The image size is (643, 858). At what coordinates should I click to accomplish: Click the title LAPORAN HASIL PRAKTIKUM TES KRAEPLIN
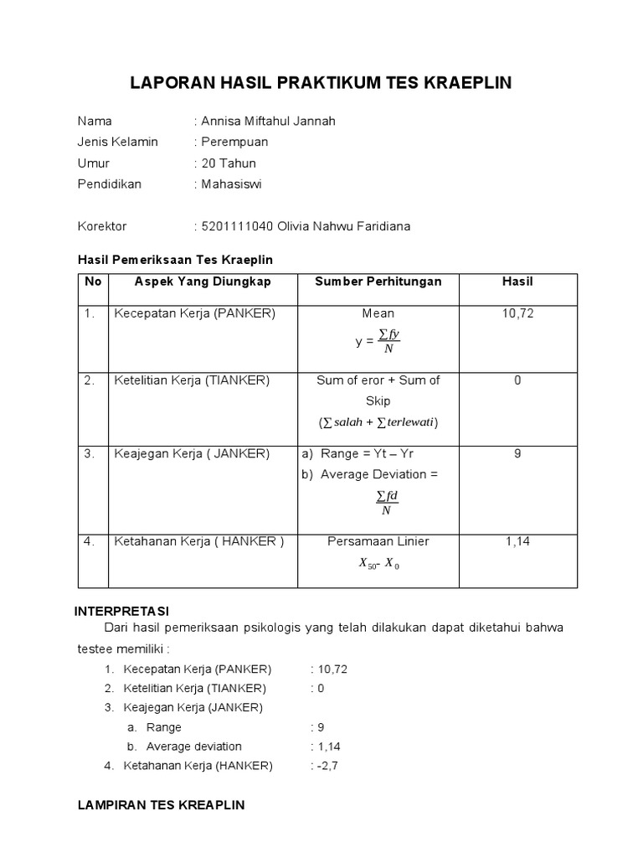pyautogui.click(x=321, y=83)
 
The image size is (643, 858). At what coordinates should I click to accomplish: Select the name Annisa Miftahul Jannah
pyautogui.click(x=268, y=121)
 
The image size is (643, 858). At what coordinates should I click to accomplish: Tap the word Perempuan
pyautogui.click(x=234, y=142)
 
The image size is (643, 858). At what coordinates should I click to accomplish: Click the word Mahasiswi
pyautogui.click(x=231, y=183)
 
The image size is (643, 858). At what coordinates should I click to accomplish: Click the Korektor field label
pyautogui.click(x=102, y=226)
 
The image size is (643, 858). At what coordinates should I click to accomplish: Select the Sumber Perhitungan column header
pyautogui.click(x=378, y=282)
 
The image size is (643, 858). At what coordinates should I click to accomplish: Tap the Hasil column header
pyautogui.click(x=517, y=282)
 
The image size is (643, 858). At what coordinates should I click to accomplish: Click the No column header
pyautogui.click(x=93, y=282)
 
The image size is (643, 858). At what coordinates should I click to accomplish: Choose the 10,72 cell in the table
pyautogui.click(x=517, y=313)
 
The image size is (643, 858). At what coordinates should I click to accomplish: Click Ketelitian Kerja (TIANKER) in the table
pyautogui.click(x=192, y=380)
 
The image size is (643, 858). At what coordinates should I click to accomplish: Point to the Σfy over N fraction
pyautogui.click(x=388, y=341)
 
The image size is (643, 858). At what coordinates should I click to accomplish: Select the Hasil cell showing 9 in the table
pyautogui.click(x=517, y=453)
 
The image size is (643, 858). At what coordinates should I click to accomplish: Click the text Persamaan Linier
pyautogui.click(x=378, y=541)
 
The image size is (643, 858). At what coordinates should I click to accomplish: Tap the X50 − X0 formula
pyautogui.click(x=378, y=565)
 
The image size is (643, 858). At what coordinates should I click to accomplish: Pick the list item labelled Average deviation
pyautogui.click(x=193, y=746)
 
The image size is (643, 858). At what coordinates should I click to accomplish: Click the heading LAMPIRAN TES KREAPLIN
pyautogui.click(x=161, y=805)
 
